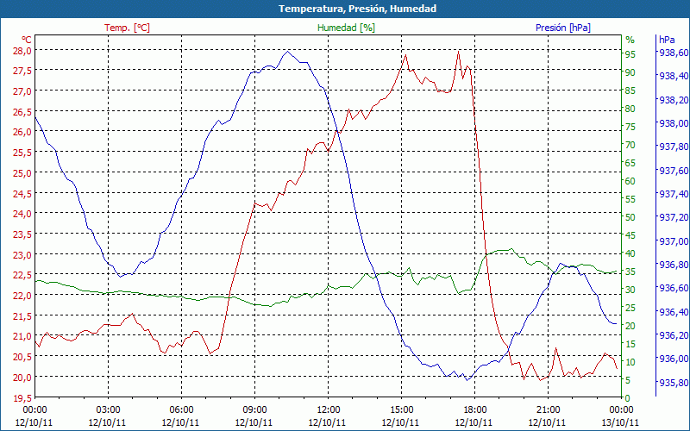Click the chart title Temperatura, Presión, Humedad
(345, 9)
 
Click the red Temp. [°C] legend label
(127, 28)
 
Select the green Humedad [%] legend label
(347, 28)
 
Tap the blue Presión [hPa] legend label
(563, 28)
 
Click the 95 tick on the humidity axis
(630, 54)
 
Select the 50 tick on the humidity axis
(630, 217)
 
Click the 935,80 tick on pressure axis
(673, 383)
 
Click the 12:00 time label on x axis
(329, 409)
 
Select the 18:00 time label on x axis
(475, 409)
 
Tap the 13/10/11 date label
(622, 422)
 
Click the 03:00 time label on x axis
(109, 409)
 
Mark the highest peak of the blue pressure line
(287, 51)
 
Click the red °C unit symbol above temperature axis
(27, 39)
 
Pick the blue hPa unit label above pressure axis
(667, 39)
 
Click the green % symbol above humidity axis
(630, 39)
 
